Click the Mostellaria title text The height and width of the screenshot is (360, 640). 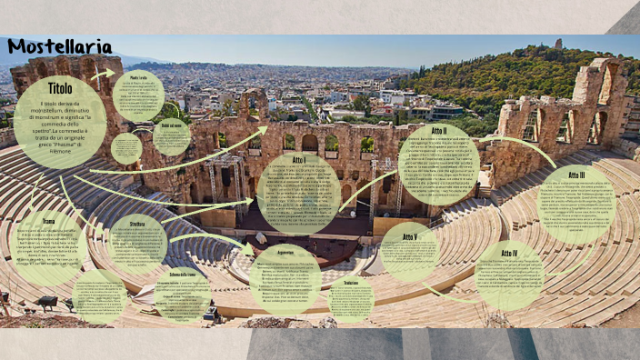click(60, 46)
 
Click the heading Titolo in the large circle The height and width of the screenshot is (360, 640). click(60, 89)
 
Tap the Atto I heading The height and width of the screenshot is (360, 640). click(299, 160)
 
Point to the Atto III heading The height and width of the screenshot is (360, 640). click(576, 175)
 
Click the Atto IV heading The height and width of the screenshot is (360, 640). click(509, 253)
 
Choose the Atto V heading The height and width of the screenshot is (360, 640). click(410, 236)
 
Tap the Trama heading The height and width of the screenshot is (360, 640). click(48, 221)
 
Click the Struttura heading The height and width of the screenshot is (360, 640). click(137, 223)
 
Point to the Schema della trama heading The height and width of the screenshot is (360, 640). click(183, 274)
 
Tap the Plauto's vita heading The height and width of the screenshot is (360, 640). click(138, 78)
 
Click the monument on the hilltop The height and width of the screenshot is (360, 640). click(557, 43)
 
